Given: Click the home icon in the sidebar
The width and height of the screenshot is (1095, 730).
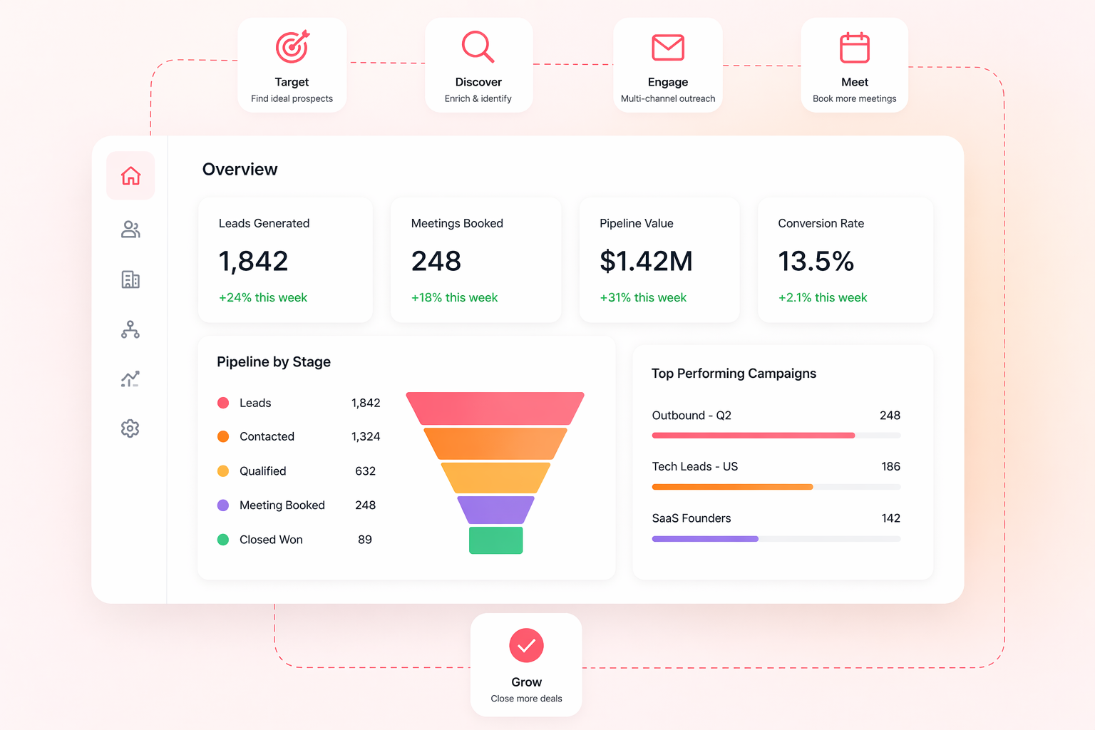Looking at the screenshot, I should click(x=130, y=175).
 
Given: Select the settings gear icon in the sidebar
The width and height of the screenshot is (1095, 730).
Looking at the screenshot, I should click(x=130, y=428).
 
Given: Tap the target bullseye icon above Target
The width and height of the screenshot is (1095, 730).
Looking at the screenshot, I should click(x=292, y=47).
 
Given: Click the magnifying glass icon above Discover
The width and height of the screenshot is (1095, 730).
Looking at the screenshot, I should click(x=478, y=47).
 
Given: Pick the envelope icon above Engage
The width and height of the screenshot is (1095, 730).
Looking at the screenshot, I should click(x=668, y=48).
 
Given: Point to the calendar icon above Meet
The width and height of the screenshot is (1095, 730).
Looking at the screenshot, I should click(x=854, y=48).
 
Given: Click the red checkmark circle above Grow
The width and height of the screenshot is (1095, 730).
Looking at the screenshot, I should click(x=526, y=646).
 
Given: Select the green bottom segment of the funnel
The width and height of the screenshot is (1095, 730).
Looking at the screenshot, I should click(x=495, y=540).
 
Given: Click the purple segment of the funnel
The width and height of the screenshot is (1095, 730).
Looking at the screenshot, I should click(x=495, y=510).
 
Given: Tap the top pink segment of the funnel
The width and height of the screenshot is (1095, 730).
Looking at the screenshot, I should click(x=495, y=408).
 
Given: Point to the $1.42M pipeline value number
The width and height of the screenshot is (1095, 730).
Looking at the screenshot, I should click(x=646, y=261).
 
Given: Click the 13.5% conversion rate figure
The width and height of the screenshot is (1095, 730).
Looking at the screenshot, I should click(x=816, y=261).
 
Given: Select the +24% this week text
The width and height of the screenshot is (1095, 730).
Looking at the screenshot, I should click(x=263, y=297).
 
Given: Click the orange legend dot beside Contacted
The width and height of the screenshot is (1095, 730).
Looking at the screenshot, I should click(x=223, y=436).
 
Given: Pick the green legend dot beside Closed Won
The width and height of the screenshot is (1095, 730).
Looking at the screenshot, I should click(x=223, y=540).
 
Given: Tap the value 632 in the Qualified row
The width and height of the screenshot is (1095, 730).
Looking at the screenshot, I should click(x=365, y=471).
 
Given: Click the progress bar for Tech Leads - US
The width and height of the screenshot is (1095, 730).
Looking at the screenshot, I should click(x=776, y=487).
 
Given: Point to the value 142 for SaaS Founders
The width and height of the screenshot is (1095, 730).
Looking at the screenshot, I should click(x=890, y=518).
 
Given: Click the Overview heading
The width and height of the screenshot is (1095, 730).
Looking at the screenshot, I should click(x=240, y=169).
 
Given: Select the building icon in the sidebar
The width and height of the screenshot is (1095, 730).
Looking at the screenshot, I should click(x=130, y=279).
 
